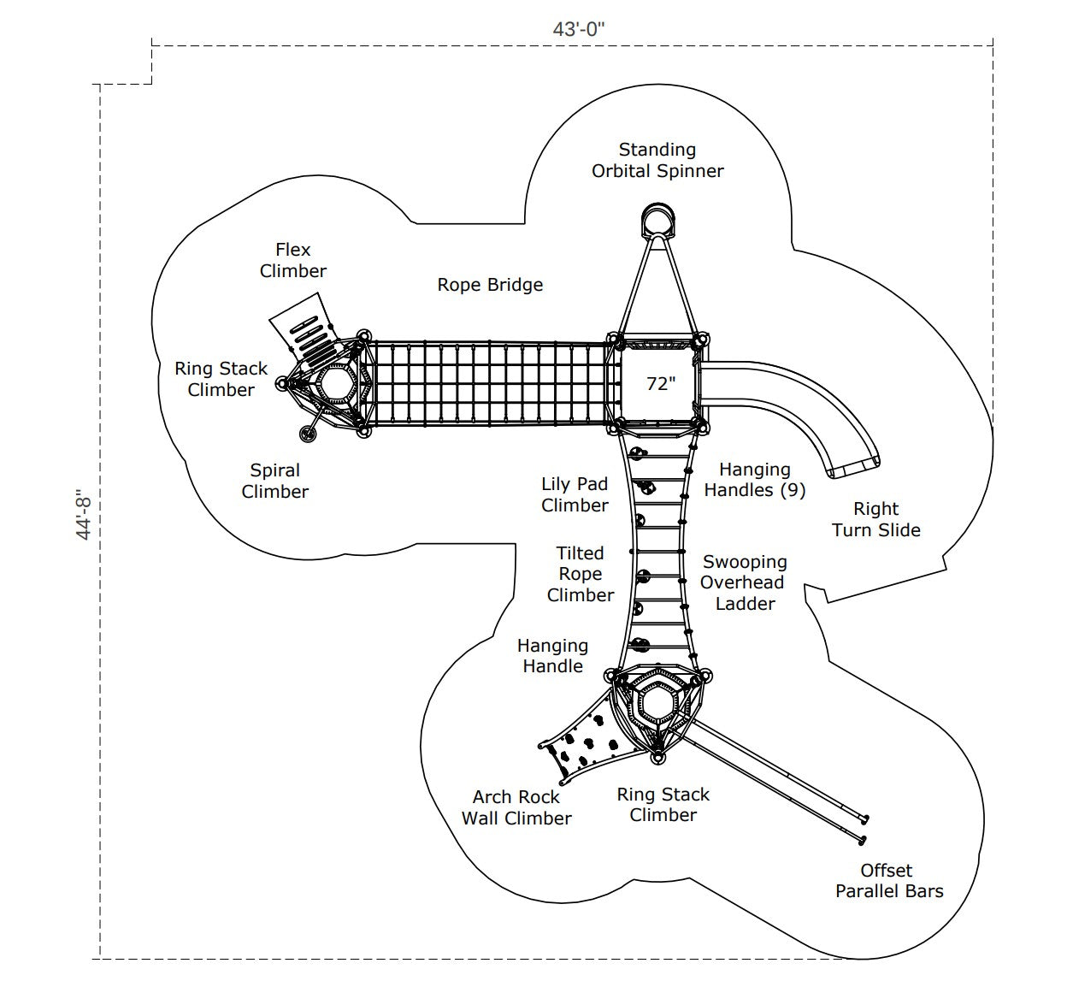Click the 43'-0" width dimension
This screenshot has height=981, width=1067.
point(579,29)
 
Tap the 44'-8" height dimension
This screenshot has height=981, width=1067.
point(84,515)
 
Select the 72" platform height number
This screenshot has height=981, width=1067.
point(661,383)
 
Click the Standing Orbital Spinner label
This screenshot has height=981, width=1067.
point(657,160)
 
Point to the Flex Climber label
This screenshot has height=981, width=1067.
point(293,260)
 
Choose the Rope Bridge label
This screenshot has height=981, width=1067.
point(490,285)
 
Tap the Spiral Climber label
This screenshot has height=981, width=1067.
point(275,481)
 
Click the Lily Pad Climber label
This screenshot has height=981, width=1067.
point(575,494)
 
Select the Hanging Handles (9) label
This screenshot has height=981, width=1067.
point(755,480)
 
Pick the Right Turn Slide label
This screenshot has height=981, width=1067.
point(876,519)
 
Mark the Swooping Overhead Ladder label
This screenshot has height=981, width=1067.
point(745,582)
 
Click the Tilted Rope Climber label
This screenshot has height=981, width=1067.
point(581,574)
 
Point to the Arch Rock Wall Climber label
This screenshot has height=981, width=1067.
point(516,807)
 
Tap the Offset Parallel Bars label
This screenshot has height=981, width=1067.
point(889,880)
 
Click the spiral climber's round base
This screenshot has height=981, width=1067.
point(308,434)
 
